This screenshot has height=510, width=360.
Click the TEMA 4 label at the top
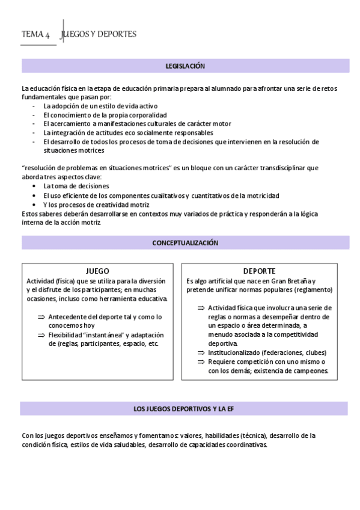pos(35,35)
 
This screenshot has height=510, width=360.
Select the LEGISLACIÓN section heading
pos(185,66)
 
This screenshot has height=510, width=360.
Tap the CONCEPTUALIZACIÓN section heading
pos(185,243)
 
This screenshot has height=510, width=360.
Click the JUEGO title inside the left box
pos(97,271)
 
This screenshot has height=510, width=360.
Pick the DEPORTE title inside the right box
pos(259,271)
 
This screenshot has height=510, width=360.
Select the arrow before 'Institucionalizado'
pos(201,352)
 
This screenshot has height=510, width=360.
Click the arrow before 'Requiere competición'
pos(201,361)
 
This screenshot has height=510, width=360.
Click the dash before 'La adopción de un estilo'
pos(35,106)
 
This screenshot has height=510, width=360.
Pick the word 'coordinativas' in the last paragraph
pos(246,445)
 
